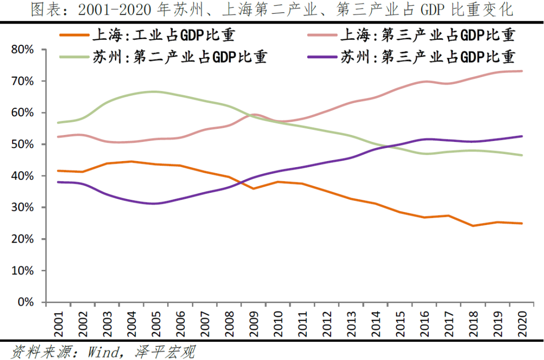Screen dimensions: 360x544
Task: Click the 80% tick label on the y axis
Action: click(x=22, y=49)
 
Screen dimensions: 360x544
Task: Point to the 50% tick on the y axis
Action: click(x=22, y=144)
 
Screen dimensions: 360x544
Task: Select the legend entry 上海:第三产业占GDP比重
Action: click(x=428, y=35)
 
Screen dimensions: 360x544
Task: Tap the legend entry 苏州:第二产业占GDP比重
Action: click(x=179, y=57)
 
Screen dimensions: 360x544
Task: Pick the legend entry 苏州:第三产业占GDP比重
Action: click(x=428, y=57)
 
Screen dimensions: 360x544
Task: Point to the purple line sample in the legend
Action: click(x=322, y=57)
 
